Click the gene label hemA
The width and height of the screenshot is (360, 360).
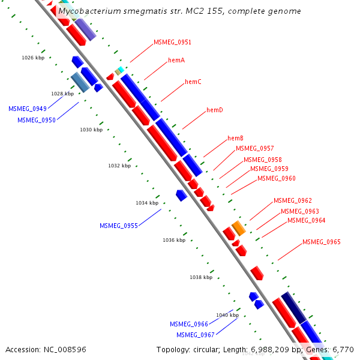tap(176, 61)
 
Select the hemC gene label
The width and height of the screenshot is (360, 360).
tap(193, 82)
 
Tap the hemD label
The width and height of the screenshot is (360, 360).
tap(215, 110)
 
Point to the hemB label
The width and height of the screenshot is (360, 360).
tap(235, 139)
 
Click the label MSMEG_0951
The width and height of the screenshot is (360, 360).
tap(172, 43)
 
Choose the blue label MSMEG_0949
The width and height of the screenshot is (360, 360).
tap(27, 109)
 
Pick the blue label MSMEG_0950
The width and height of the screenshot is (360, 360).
tap(36, 121)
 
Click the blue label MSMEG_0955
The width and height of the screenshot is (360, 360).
tap(119, 226)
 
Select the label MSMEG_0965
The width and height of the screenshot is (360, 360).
tap(321, 242)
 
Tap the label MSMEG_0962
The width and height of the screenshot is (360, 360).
tap(292, 201)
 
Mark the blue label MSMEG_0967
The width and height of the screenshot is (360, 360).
tap(195, 335)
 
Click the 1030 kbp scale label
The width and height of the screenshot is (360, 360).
tap(91, 130)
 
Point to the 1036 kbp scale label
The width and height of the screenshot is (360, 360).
tap(174, 240)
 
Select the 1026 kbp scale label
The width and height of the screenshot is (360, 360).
tap(33, 58)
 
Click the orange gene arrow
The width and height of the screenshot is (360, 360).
tap(239, 228)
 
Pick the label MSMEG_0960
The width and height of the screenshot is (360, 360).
tap(276, 179)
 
